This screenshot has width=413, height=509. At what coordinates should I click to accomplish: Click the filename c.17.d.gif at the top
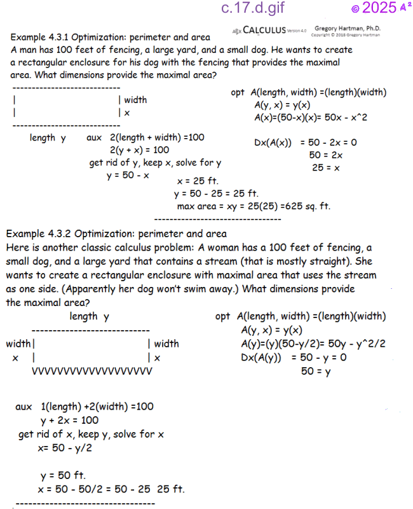coord(253,8)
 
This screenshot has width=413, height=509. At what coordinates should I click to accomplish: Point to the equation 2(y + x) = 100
coord(139,150)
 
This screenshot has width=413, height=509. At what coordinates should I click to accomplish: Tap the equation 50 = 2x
coord(326,155)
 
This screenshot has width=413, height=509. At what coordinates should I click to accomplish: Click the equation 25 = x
coord(326,168)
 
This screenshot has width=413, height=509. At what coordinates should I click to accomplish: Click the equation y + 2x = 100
coord(69,420)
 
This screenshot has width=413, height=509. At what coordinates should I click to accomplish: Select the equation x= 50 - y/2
coord(65,447)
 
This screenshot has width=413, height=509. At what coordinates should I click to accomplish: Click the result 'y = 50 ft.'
coord(63,476)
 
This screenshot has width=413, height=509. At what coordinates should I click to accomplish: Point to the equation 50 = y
coord(316,372)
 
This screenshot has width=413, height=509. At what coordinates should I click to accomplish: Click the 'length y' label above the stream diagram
coord(89,316)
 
